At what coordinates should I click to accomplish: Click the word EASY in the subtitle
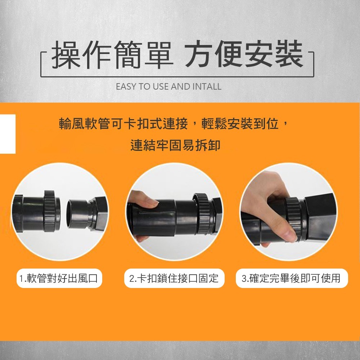coord(125,87)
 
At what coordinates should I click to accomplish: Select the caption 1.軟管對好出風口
coord(59,278)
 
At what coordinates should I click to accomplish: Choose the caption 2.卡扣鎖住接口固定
coord(174,278)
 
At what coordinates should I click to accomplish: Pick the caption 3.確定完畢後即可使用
coord(291,278)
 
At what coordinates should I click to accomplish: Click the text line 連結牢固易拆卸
coord(175,145)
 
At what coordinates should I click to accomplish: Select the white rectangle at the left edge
coord(8,134)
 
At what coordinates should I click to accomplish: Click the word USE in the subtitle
coord(161,87)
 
